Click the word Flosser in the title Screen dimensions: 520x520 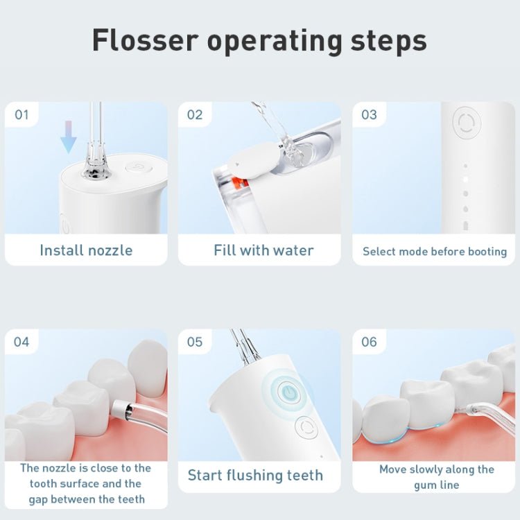pos(144,41)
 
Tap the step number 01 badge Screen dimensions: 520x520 pos(22,114)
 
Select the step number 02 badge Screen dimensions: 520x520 pos(195,114)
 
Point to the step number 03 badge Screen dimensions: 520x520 pos(369,114)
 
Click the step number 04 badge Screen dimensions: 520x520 pos(22,342)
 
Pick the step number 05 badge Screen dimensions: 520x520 pos(195,342)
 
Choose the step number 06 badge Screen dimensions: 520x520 pos(369,342)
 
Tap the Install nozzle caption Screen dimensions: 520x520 pos(86,250)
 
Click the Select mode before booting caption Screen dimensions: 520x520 pos(435,252)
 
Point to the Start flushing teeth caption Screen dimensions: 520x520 pos(255,476)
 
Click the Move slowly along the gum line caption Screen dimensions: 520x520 pos(437,477)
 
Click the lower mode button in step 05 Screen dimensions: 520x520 pos(305,428)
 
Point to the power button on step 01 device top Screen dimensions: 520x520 pos(135,167)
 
